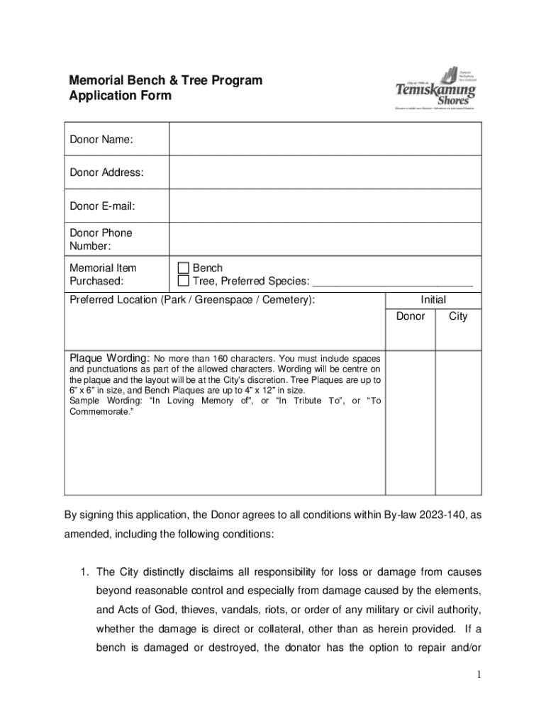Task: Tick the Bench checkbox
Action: (x=184, y=268)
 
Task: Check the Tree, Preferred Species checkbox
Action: (x=184, y=281)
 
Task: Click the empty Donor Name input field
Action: (x=325, y=139)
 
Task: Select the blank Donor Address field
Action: (x=325, y=172)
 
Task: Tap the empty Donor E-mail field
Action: (x=325, y=206)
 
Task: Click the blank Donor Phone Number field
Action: (x=325, y=240)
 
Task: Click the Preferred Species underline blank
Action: (x=393, y=282)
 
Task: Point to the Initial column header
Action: (x=433, y=300)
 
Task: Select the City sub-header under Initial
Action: (x=458, y=316)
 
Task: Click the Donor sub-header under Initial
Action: (x=410, y=316)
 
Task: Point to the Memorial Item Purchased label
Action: (x=103, y=274)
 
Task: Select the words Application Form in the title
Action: (x=120, y=96)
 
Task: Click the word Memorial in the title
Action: (x=97, y=80)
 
